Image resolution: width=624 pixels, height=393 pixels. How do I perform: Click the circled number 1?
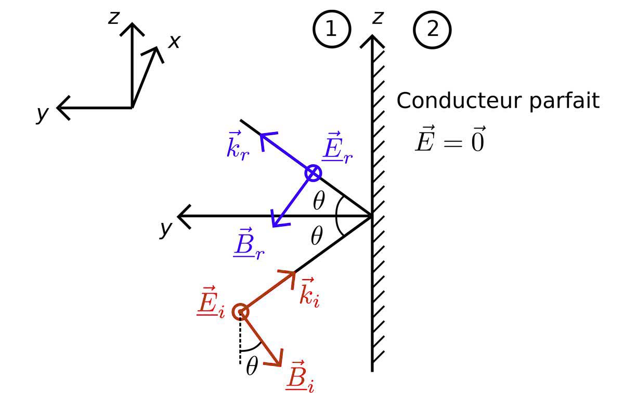331,29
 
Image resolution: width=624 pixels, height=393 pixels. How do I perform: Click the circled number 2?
432,29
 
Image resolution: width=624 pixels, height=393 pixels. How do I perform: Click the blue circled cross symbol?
313,173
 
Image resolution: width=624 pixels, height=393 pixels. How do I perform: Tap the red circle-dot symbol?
241,312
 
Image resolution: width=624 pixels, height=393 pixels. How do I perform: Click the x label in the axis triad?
174,42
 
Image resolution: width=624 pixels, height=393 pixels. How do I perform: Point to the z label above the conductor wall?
378,17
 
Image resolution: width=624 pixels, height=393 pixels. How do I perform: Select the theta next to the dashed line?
252,367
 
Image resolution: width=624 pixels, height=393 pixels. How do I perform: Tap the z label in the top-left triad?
114,17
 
